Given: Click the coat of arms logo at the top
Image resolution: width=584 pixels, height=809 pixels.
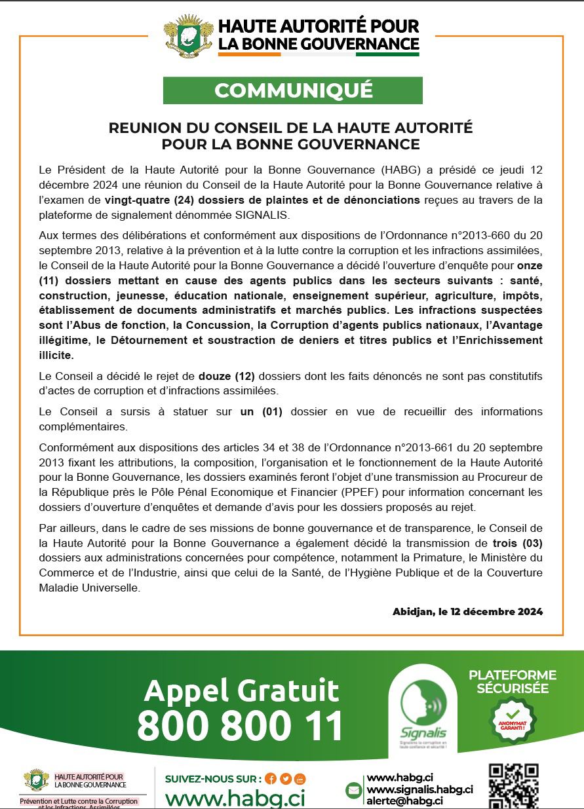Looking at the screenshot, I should (188, 37).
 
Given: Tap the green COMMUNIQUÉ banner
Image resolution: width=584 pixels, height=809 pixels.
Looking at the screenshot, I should (292, 90).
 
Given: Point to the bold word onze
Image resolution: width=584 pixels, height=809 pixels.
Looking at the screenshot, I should (530, 267).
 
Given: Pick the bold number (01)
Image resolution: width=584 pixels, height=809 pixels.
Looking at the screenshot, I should (271, 411).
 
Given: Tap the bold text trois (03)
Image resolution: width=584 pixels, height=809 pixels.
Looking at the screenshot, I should (517, 543).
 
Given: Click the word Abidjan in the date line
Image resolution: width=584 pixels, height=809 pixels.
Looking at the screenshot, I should (413, 612).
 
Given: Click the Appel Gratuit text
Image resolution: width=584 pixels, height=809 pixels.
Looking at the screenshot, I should (241, 690).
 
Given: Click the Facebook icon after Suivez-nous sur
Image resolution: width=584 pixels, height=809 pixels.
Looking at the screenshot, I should (271, 779).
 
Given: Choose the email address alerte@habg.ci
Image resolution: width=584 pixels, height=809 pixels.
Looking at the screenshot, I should (404, 800).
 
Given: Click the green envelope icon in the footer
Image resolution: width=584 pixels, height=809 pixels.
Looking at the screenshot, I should (354, 790).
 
